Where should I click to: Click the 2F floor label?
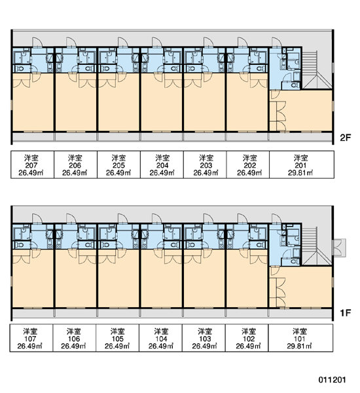(x=345, y=138)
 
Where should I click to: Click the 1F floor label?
(x=345, y=313)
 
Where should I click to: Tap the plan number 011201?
(x=332, y=380)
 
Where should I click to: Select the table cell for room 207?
(x=32, y=164)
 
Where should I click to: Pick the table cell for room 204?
(x=162, y=164)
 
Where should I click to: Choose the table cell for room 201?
(x=302, y=164)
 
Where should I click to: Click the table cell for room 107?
(x=31, y=338)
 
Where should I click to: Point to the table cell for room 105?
(x=118, y=338)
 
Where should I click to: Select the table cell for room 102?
(x=247, y=338)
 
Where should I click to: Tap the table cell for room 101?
(x=300, y=338)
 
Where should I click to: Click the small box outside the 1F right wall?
(x=339, y=248)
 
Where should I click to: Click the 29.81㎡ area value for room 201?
(x=300, y=173)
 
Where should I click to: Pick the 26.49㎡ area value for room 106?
(x=74, y=346)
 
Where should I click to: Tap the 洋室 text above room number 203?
(x=206, y=158)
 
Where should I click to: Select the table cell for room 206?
(x=76, y=164)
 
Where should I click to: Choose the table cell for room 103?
(x=204, y=338)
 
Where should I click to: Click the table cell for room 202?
(x=248, y=164)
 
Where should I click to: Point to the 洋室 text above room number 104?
(x=161, y=331)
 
